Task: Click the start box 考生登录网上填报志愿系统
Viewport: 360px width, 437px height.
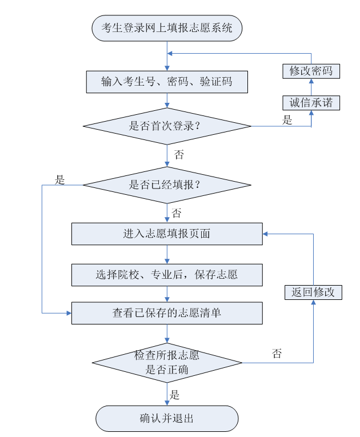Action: coord(167,28)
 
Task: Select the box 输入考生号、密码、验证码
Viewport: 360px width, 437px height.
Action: coord(167,82)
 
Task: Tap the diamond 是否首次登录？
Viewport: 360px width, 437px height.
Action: coord(167,126)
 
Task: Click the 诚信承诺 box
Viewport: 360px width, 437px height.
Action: coord(311,103)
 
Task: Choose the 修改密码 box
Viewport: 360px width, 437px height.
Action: coord(311,71)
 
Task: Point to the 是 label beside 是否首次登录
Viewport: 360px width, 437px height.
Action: coord(287,120)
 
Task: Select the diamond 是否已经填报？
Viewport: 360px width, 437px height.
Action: coord(167,185)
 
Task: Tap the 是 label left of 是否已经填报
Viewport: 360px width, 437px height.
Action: coord(60,180)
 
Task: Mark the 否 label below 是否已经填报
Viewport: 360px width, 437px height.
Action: coord(177,214)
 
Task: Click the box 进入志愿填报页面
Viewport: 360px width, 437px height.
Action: coord(167,234)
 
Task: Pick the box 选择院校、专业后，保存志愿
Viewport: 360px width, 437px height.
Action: coord(167,275)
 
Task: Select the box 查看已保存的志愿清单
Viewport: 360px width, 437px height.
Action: coord(167,313)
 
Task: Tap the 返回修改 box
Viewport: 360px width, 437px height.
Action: coord(313,292)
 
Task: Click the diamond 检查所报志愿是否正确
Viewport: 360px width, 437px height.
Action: coord(167,363)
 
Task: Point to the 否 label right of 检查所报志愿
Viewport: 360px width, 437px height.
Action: coord(277,354)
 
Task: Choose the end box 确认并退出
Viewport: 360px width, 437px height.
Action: coord(167,418)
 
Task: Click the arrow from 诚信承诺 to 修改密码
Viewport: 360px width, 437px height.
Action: coord(311,87)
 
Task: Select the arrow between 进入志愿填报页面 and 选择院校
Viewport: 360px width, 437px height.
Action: coord(167,254)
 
